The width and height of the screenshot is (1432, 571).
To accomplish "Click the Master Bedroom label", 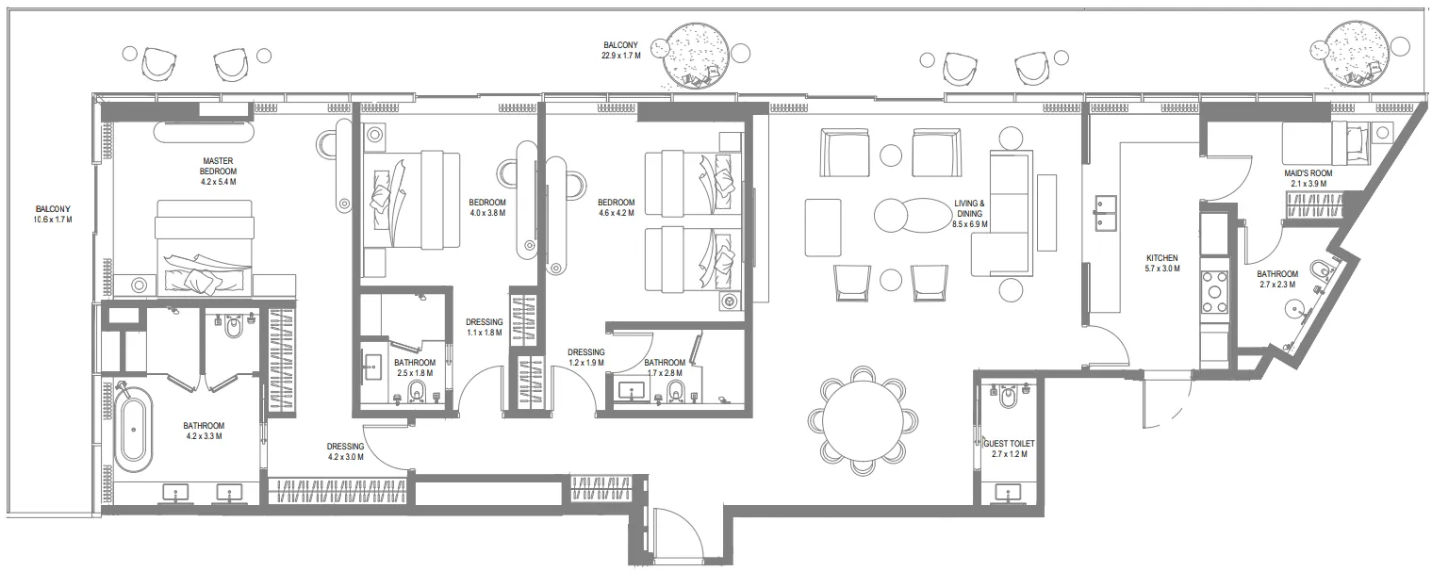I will coord(218,171).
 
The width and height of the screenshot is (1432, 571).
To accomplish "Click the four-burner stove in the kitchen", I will coord(1214,292).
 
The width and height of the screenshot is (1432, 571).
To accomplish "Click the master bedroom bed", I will coord(205,248).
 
